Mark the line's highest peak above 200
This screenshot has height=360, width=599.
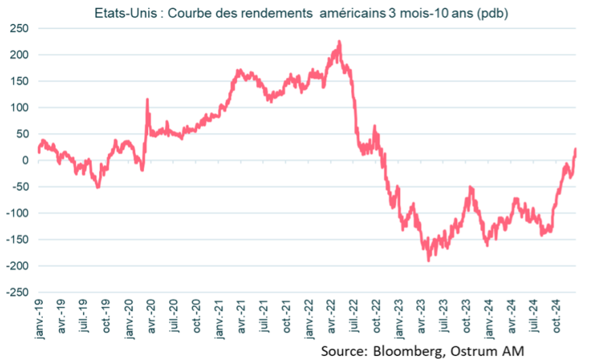pos(339,42)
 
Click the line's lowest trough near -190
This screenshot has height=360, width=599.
pos(429,260)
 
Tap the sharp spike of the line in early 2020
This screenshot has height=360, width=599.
pos(147,100)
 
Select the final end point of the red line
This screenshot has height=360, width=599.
pos(576,149)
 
